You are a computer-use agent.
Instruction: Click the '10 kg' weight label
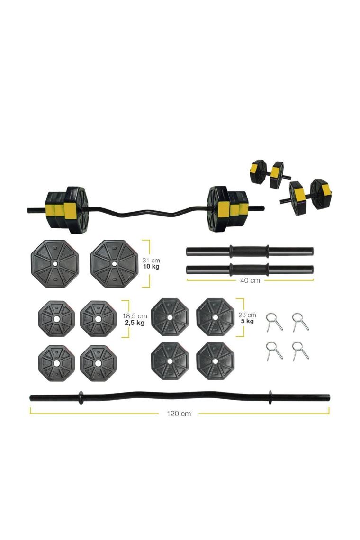point(151,267)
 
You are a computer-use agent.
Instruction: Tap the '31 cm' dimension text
point(151,261)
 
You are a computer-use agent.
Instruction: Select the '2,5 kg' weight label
point(135,323)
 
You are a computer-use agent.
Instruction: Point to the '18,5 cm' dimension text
point(135,316)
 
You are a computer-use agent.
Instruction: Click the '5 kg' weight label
point(247,321)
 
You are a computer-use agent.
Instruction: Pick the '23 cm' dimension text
point(247,315)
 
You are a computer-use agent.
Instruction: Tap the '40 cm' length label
point(250,280)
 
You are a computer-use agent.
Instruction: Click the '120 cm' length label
point(179,414)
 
